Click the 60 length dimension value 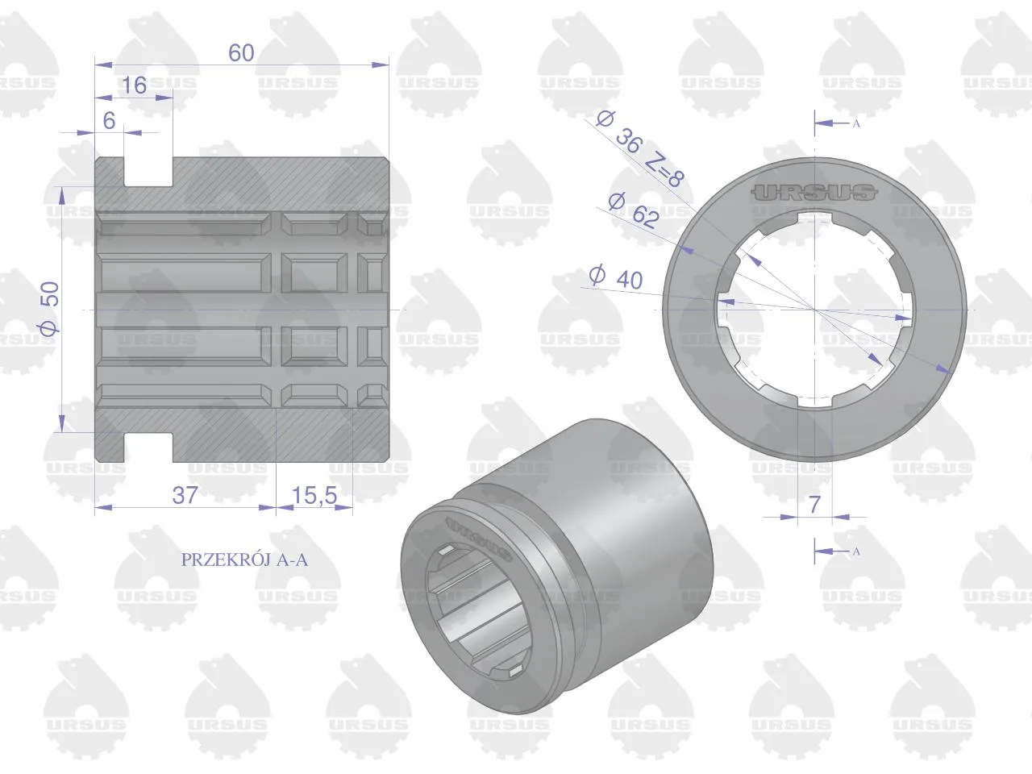click(x=241, y=53)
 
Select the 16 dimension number click(x=134, y=85)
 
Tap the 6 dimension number click(x=109, y=121)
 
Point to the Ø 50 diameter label click(x=50, y=308)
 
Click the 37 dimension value click(x=185, y=495)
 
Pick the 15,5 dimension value click(x=314, y=495)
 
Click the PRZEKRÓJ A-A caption click(x=244, y=560)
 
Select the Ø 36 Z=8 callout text click(x=639, y=148)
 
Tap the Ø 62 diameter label click(x=633, y=210)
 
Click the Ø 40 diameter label click(x=616, y=277)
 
